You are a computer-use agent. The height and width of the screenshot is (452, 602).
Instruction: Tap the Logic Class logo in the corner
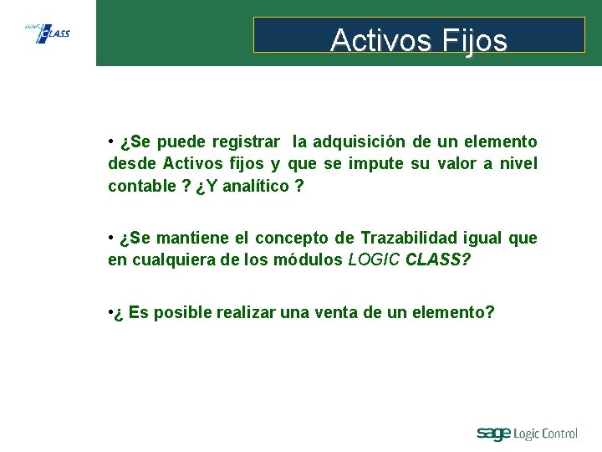(48, 33)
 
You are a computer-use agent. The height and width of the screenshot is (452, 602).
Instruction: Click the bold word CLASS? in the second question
(438, 259)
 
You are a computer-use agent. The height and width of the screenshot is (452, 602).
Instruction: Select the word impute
(376, 164)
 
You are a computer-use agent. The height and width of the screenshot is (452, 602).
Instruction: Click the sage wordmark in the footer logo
(493, 434)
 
